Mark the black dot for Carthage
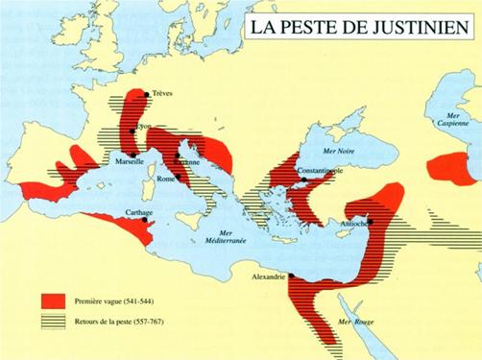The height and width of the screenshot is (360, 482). point(144,219)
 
